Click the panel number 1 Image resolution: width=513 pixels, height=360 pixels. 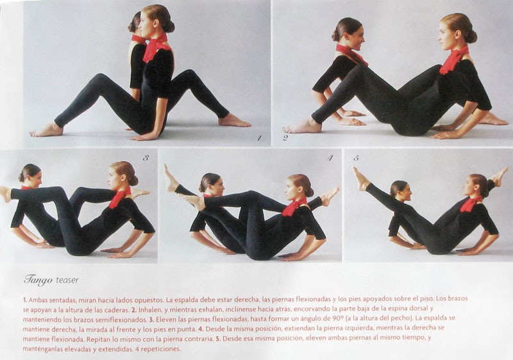tap(259, 138)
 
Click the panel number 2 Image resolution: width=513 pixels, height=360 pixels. tap(285, 138)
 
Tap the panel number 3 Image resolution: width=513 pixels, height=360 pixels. tap(146, 158)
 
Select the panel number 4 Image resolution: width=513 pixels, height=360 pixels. tap(330, 158)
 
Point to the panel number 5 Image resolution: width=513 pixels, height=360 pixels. tap(357, 158)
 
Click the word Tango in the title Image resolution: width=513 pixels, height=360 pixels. tap(38, 280)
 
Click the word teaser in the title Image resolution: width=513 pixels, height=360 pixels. tap(67, 280)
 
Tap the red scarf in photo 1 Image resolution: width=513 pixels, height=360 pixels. tap(155, 47)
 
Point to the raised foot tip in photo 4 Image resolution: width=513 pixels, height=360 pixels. tap(167, 166)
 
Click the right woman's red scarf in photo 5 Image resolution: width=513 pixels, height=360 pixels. tap(471, 203)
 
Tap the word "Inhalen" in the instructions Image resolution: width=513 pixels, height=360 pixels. tap(149, 309)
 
